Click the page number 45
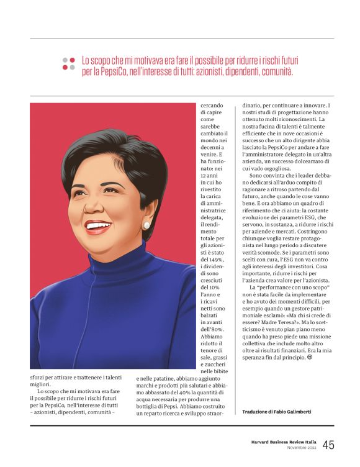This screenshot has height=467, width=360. pyautogui.click(x=328, y=445)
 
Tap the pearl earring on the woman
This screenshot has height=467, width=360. pyautogui.click(x=146, y=225)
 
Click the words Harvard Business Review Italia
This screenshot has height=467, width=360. pyautogui.click(x=280, y=442)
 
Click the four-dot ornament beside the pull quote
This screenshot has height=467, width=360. pyautogui.click(x=68, y=64)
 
